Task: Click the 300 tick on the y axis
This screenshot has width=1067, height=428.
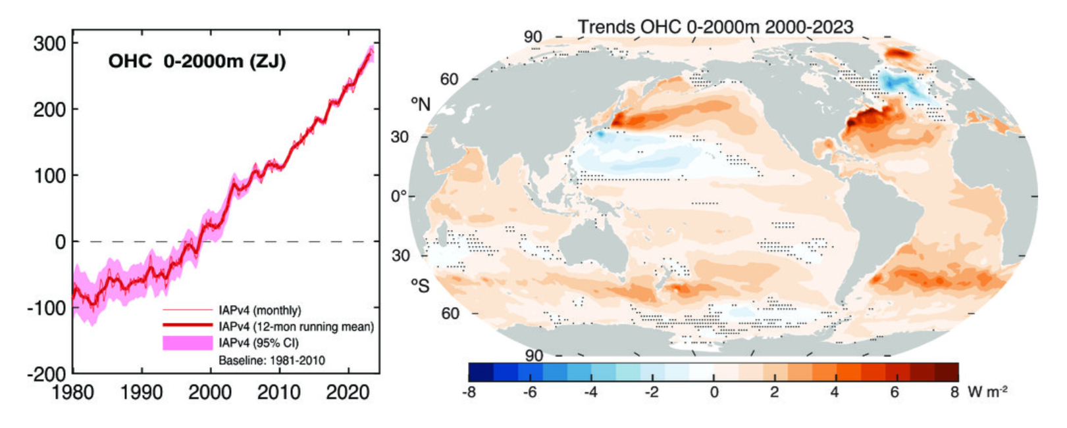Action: [x=49, y=43]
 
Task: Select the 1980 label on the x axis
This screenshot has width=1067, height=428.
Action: [x=72, y=392]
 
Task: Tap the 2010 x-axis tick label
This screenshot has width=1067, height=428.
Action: [x=279, y=392]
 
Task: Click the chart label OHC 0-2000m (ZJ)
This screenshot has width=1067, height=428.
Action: [x=197, y=61]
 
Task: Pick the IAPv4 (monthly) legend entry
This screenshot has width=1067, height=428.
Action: [x=259, y=310]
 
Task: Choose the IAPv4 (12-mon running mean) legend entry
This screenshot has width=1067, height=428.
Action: [x=296, y=327]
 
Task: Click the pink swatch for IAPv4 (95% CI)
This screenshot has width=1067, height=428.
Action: [x=188, y=343]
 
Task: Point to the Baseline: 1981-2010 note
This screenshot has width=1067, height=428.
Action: [x=271, y=360]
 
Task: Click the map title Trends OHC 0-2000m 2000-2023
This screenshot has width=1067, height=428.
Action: [x=716, y=27]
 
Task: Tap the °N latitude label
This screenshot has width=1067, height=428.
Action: [x=421, y=104]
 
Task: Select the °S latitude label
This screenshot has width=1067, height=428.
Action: [x=420, y=285]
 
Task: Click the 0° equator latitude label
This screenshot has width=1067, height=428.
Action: [x=399, y=197]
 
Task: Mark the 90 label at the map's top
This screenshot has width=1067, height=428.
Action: [x=533, y=37]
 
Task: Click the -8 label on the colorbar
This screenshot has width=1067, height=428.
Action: [x=469, y=392]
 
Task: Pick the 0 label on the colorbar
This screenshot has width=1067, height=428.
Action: [x=714, y=392]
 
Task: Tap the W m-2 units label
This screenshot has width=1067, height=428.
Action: [x=987, y=392]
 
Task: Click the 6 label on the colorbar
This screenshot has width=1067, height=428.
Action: [x=895, y=392]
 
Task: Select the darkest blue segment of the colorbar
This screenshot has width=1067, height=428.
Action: [x=481, y=373]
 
